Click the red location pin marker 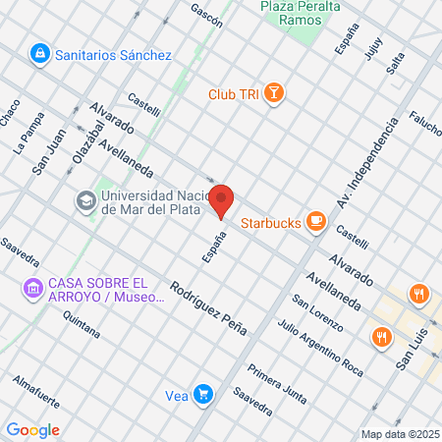pos(222,200)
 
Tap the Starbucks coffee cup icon pos(315,221)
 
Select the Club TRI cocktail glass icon pos(275,94)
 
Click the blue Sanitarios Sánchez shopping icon pos(40,53)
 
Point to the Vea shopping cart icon pos(202,395)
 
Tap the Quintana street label pos(81,323)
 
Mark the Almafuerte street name pos(37,391)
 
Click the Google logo pos(32,429)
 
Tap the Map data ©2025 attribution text pos(400,434)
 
